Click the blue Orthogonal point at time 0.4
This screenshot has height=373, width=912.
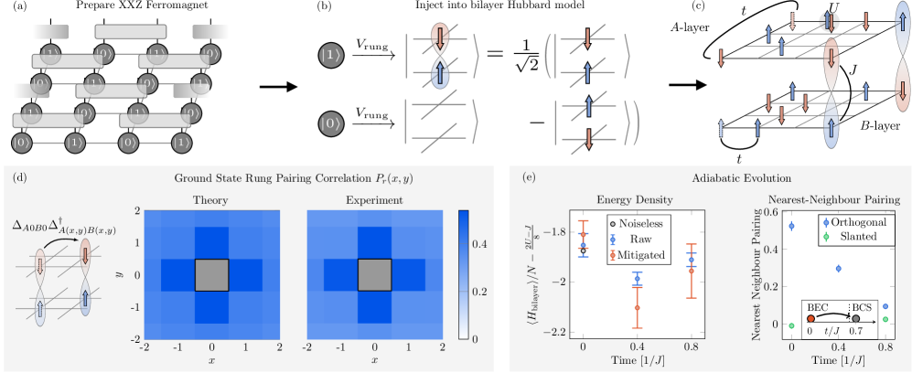tap(839, 268)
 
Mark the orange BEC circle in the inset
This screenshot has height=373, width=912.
tap(810, 320)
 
